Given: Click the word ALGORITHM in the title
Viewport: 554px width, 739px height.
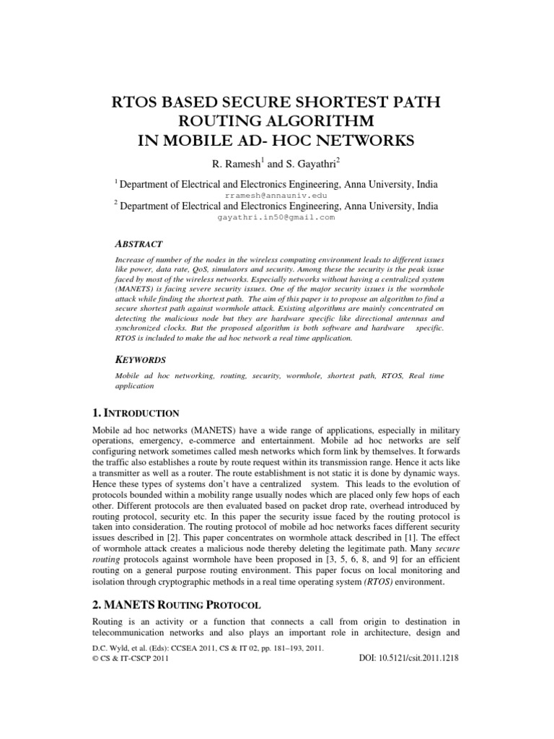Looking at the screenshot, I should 317,120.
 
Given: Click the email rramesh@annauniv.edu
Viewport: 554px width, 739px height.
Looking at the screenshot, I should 277,195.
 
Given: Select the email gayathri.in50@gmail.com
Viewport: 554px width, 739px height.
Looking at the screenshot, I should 276,217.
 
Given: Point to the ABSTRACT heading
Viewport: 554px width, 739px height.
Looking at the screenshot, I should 139,245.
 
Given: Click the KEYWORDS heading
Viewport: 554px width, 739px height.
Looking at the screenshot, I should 141,359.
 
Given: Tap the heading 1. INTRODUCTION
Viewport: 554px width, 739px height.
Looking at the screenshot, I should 136,414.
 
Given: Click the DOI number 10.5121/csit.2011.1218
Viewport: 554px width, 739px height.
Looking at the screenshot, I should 409,659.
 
